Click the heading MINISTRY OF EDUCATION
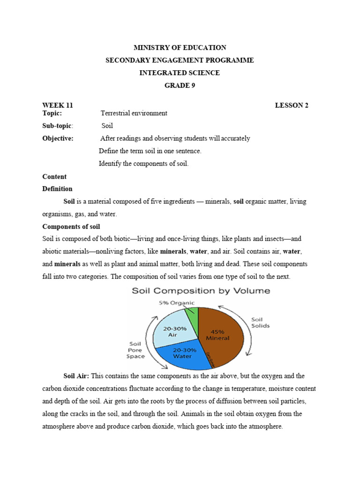coord(180,48)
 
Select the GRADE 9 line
coord(180,85)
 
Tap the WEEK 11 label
coord(57,105)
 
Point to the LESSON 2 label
coord(292,105)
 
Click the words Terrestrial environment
coord(134,113)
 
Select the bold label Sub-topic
coord(58,126)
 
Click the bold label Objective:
coord(58,139)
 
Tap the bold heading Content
coord(54,177)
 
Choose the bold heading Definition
coord(57,189)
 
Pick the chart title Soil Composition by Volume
coord(201,291)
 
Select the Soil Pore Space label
coord(135,350)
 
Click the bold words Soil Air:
coord(77,376)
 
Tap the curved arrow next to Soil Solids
coord(248,328)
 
